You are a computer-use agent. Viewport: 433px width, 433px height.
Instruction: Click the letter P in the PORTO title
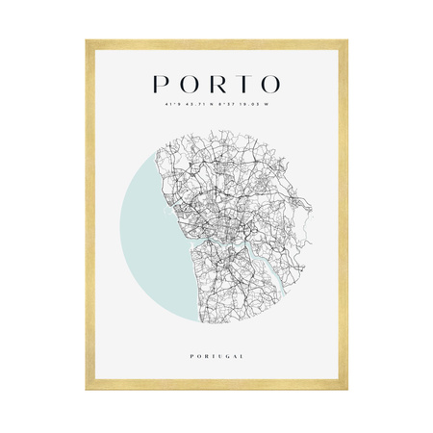160,87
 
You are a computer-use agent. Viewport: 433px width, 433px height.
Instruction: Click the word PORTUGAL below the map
216,356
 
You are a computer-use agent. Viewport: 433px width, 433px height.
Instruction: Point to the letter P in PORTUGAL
192,356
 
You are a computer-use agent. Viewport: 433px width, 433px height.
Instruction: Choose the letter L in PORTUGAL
241,356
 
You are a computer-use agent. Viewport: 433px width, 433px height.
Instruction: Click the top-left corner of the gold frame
88,41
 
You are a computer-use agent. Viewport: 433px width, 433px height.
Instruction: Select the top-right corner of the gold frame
345,41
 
